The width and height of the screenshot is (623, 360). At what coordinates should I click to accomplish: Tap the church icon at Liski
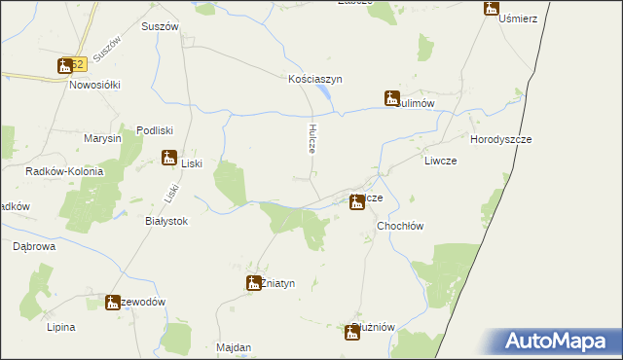(x=168, y=158)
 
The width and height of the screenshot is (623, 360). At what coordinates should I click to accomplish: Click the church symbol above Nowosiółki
(x=65, y=65)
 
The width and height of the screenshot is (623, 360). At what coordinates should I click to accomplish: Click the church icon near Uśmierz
(x=491, y=9)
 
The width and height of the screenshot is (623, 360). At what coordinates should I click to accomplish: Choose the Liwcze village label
(x=440, y=161)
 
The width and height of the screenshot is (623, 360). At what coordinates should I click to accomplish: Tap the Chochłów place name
(x=400, y=225)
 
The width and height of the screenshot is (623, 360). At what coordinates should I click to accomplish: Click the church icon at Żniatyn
(x=251, y=283)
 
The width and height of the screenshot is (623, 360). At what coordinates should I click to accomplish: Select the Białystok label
(x=165, y=221)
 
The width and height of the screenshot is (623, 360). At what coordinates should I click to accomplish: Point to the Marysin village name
(x=102, y=138)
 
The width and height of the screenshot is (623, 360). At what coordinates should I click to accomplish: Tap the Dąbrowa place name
(x=33, y=247)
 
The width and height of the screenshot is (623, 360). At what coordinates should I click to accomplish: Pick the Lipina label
(x=60, y=327)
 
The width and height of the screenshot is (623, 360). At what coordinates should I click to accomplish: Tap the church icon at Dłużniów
(x=352, y=333)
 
